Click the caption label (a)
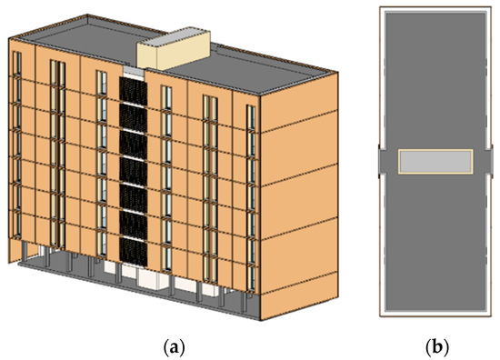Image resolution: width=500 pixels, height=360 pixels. (x=175, y=347)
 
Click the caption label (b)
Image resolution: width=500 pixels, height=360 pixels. (x=437, y=347)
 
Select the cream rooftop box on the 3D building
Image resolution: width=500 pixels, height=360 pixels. (x=174, y=51)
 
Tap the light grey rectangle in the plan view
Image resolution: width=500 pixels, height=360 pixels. (x=435, y=161)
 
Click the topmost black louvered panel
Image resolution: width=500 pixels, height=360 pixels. (x=133, y=92)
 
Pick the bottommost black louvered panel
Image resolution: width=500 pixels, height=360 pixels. (x=134, y=252)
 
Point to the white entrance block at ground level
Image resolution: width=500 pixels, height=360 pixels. (x=152, y=280)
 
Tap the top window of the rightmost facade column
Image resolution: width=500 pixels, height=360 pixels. (x=251, y=117)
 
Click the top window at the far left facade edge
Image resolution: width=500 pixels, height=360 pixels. (x=17, y=63)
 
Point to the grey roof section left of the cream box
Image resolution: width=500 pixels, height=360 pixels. (x=86, y=43)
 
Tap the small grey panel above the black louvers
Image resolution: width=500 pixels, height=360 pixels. (x=134, y=72)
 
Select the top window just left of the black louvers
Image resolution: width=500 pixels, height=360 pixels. (x=102, y=84)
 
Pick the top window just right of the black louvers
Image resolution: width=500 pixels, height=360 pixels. (x=166, y=97)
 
